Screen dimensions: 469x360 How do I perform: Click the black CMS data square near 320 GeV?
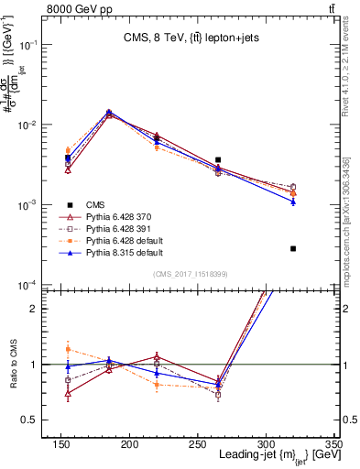pyautogui.click(x=293, y=248)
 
